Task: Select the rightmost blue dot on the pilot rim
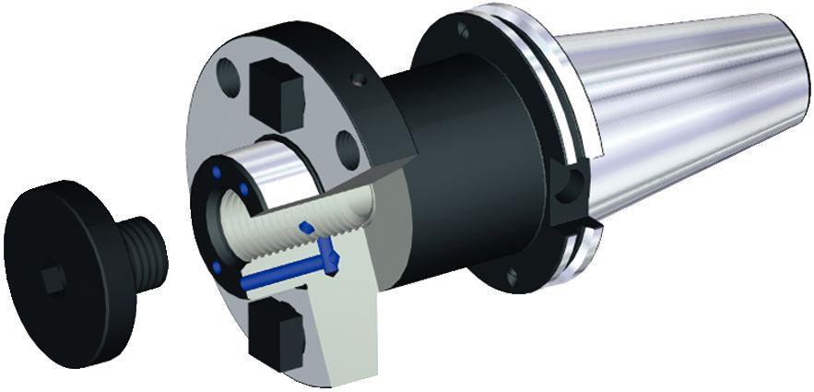coord(244,190)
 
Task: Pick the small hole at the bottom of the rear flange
coord(513,274)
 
